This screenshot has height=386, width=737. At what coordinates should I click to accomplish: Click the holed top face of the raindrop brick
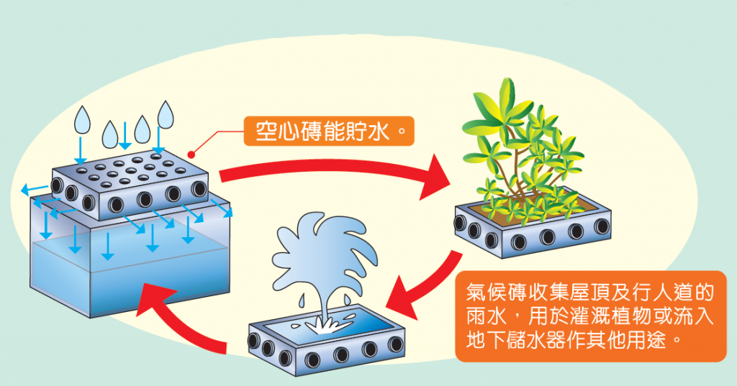pyautogui.click(x=130, y=169)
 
